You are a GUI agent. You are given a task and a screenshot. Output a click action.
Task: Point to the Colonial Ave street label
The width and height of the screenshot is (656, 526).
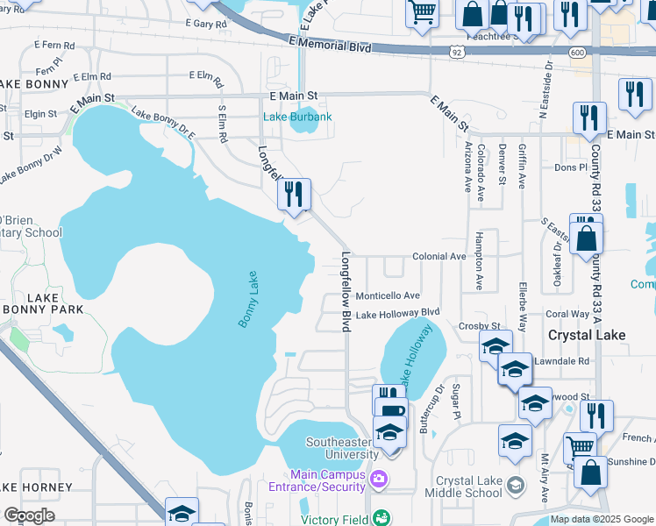click(x=439, y=257)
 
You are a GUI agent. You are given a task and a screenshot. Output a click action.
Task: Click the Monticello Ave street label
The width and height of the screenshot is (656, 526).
click(x=388, y=296)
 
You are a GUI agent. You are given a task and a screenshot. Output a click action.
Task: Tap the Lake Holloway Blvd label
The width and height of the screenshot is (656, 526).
click(x=397, y=313)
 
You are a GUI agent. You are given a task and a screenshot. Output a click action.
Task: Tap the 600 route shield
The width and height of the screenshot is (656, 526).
click(x=576, y=53)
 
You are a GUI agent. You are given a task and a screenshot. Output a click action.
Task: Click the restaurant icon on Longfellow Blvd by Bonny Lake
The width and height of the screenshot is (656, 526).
click(x=295, y=193)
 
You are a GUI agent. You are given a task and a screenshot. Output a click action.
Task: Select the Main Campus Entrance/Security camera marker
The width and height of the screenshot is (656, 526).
click(x=379, y=479)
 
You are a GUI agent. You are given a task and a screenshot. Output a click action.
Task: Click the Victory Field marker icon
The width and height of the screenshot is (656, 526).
click(x=380, y=519)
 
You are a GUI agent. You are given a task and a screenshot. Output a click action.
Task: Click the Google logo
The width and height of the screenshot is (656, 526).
click(x=29, y=515)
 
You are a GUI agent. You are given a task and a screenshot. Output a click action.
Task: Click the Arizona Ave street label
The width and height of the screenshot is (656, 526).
click(x=468, y=167)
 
